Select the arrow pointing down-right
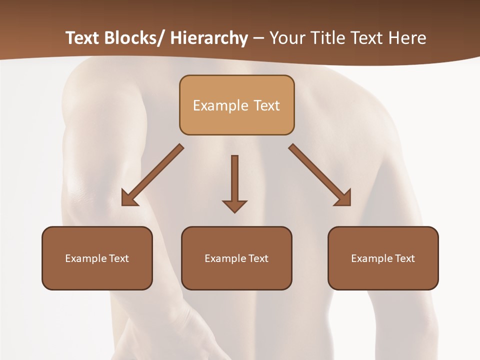[x=320, y=175]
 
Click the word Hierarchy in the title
[x=209, y=38]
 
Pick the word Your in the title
[x=286, y=38]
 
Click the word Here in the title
[x=407, y=38]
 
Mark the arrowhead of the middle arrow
[x=234, y=205]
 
